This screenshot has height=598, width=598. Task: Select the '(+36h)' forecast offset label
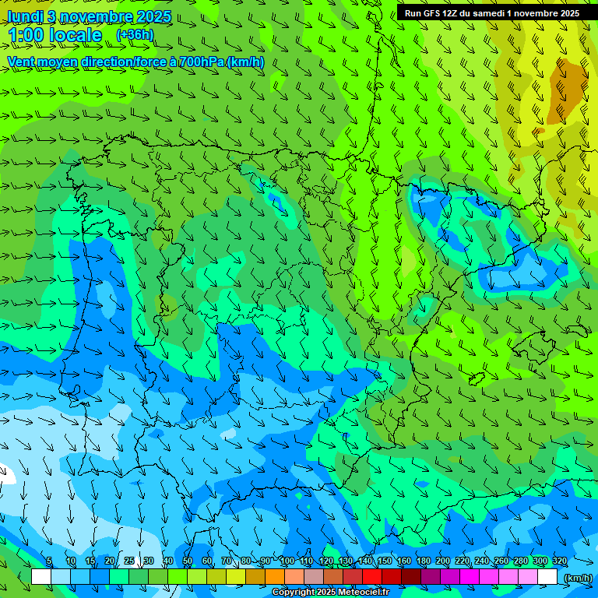point(135,35)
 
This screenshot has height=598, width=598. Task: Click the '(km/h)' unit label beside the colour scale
point(577,578)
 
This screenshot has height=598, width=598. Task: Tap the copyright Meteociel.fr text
point(331,593)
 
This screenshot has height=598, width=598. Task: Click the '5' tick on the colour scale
point(50,561)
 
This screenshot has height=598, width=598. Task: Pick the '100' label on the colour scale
point(287,561)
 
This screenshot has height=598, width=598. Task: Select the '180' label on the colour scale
point(424,561)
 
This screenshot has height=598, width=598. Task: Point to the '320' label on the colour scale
point(559,561)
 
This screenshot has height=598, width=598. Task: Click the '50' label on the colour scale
point(188,561)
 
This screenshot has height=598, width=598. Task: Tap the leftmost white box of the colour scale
point(41,577)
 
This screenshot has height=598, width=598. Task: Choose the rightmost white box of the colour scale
point(547,577)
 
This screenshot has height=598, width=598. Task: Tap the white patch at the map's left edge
point(5,472)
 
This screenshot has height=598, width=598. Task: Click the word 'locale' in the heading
point(75,35)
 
